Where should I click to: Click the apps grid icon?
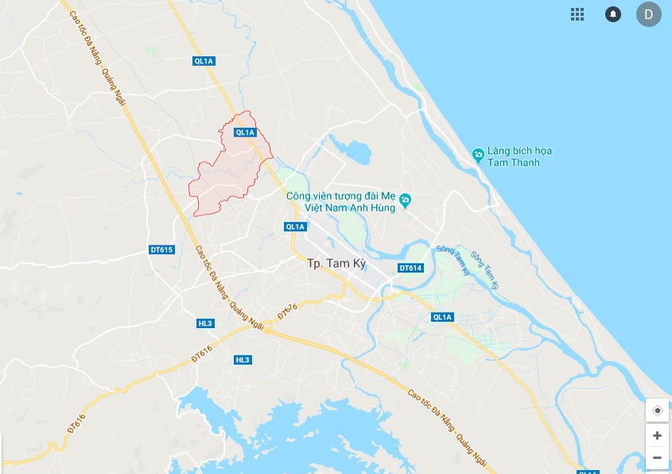coord(577,14)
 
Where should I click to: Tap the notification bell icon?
coord(613,14)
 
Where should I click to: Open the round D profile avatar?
coord(648,14)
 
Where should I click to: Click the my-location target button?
coord(657,410)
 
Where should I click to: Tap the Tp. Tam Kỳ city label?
coord(336,264)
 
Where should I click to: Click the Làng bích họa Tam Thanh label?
coord(519,156)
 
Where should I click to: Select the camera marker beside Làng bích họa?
coord(477,154)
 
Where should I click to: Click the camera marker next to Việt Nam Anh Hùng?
coord(406,199)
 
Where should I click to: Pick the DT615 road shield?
coord(161,249)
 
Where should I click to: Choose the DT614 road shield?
coord(410,268)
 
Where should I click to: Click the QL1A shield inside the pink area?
coord(245,133)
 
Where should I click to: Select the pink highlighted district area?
coord(227,175)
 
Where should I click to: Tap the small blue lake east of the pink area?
coord(351,148)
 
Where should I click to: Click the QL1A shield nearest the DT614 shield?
coord(442,317)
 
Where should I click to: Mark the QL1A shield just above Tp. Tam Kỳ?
coord(294,226)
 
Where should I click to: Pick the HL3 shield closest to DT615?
coord(205,323)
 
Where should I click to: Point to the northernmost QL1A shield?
coord(204,60)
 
